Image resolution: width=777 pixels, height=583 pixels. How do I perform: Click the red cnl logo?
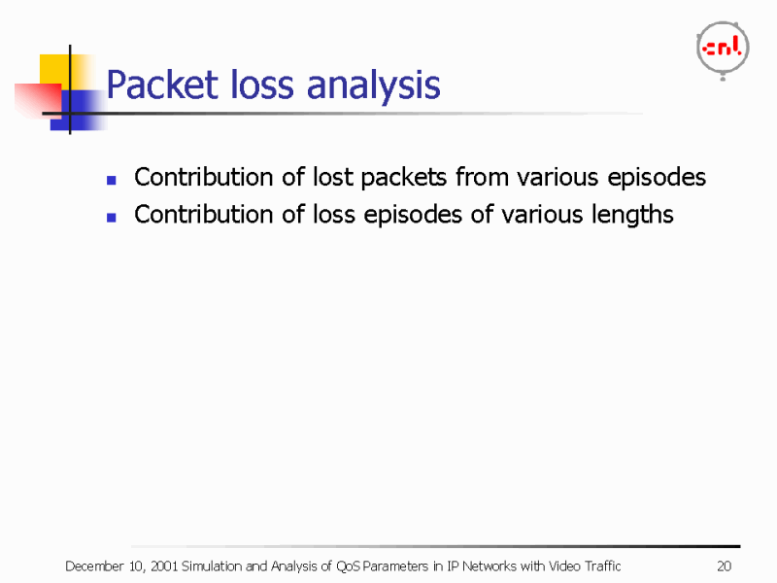[x=722, y=49]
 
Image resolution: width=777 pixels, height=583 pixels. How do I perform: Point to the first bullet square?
[x=113, y=180]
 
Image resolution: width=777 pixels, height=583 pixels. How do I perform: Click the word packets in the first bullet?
[x=402, y=178]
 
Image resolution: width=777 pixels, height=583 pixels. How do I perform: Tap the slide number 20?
[x=724, y=566]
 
